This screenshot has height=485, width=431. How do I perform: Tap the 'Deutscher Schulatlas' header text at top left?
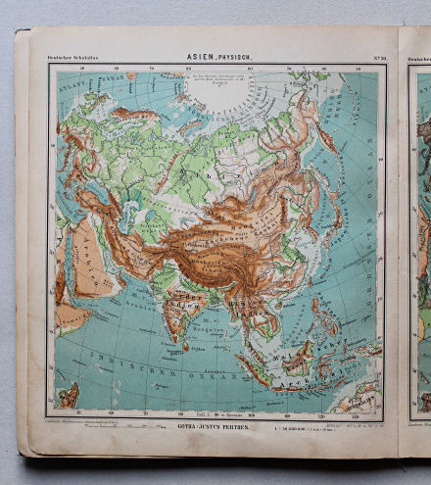pyautogui.click(x=73, y=59)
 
